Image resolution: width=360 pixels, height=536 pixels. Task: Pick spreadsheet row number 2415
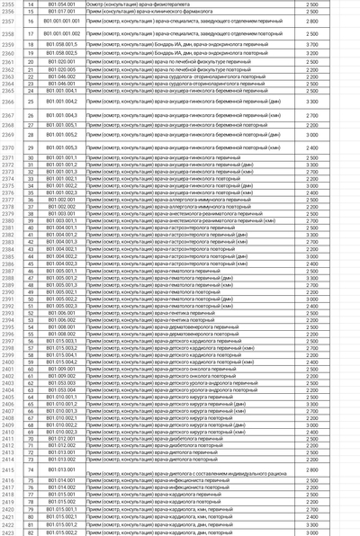[8, 469]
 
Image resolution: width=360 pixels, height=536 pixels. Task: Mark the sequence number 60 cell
[30, 368]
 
